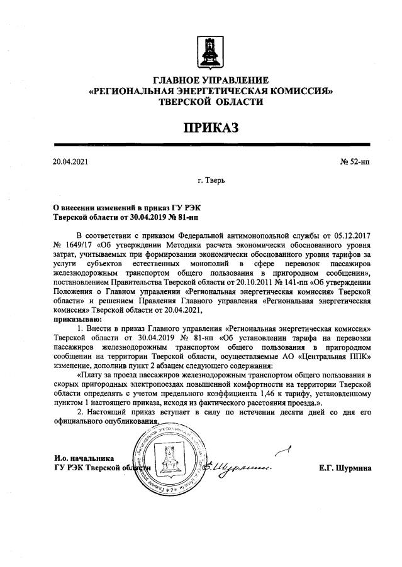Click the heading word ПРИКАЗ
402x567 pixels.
pos(211,129)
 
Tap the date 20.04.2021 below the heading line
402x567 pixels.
pos(71,161)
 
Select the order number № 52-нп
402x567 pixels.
pos(354,161)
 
